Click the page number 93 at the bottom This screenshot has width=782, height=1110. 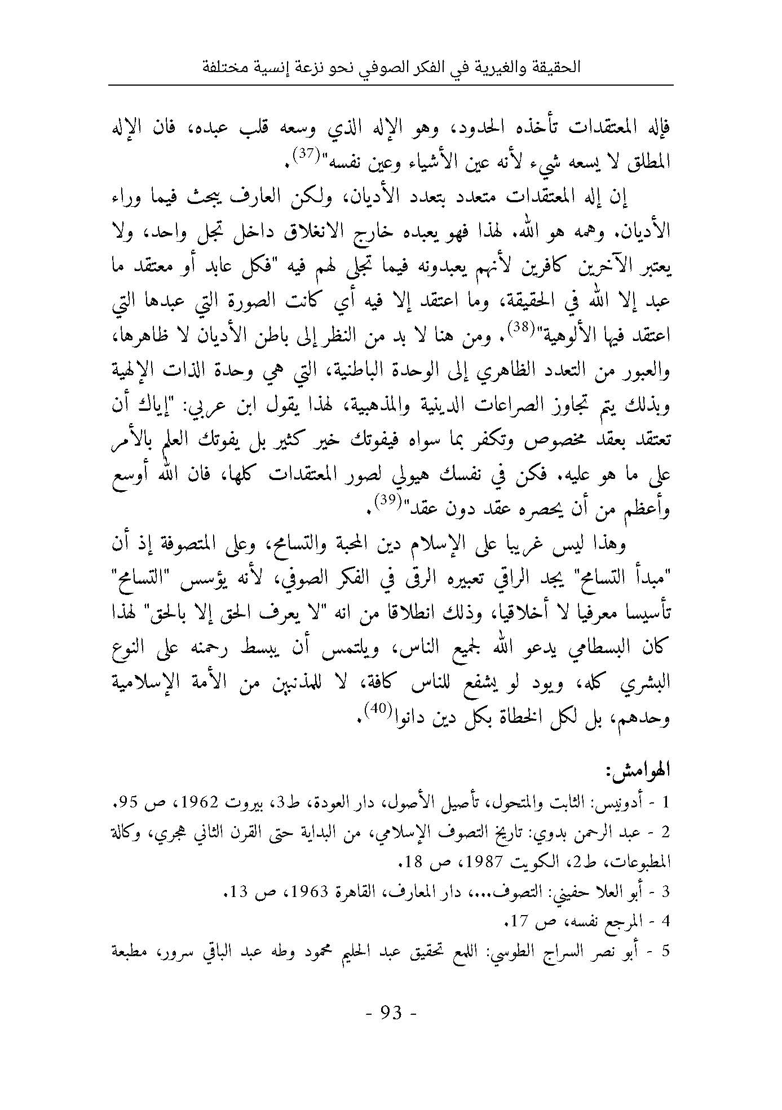click(391, 1013)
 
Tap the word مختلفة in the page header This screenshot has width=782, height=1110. click(223, 68)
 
